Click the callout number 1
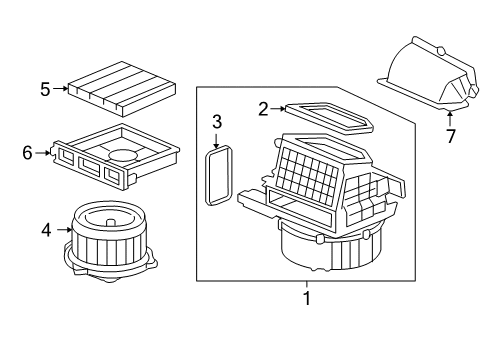click(307, 298)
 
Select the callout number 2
click(263, 109)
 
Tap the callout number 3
click(217, 122)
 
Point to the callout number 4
click(46, 230)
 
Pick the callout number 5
click(45, 89)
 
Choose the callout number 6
click(27, 153)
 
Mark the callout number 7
click(451, 136)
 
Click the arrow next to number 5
click(60, 88)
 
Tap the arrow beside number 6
click(42, 153)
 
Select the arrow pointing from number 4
click(65, 229)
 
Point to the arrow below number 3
click(216, 141)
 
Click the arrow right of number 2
click(278, 108)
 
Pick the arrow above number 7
click(450, 119)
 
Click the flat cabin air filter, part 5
click(122, 89)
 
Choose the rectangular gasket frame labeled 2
click(329, 117)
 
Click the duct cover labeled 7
click(428, 73)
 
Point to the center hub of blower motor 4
click(111, 222)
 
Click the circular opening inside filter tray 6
click(123, 154)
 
